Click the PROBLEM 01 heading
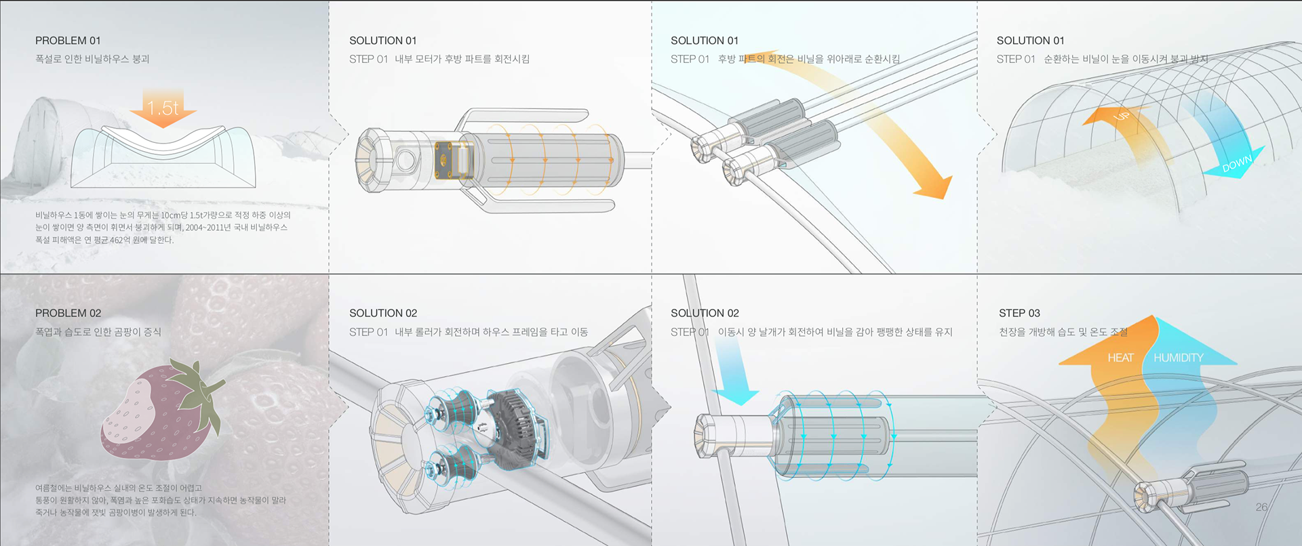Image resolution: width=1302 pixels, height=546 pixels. pyautogui.click(x=68, y=41)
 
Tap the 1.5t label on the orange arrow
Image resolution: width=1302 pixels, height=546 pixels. pyautogui.click(x=163, y=108)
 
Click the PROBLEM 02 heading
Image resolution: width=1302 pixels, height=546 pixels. pyautogui.click(x=68, y=313)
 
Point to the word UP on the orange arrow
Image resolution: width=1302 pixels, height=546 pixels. pyautogui.click(x=1122, y=116)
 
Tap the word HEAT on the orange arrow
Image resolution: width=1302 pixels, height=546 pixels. pyautogui.click(x=1120, y=358)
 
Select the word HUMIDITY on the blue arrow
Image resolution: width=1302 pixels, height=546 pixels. pyautogui.click(x=1179, y=358)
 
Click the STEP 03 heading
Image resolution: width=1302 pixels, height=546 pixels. pyautogui.click(x=1019, y=313)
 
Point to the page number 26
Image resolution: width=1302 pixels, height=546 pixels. pyautogui.click(x=1261, y=507)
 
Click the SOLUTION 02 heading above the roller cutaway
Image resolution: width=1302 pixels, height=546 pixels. pyautogui.click(x=383, y=313)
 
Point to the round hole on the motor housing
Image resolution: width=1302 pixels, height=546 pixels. pyautogui.click(x=407, y=161)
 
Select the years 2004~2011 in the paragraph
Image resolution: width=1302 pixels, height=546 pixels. pyautogui.click(x=208, y=228)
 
